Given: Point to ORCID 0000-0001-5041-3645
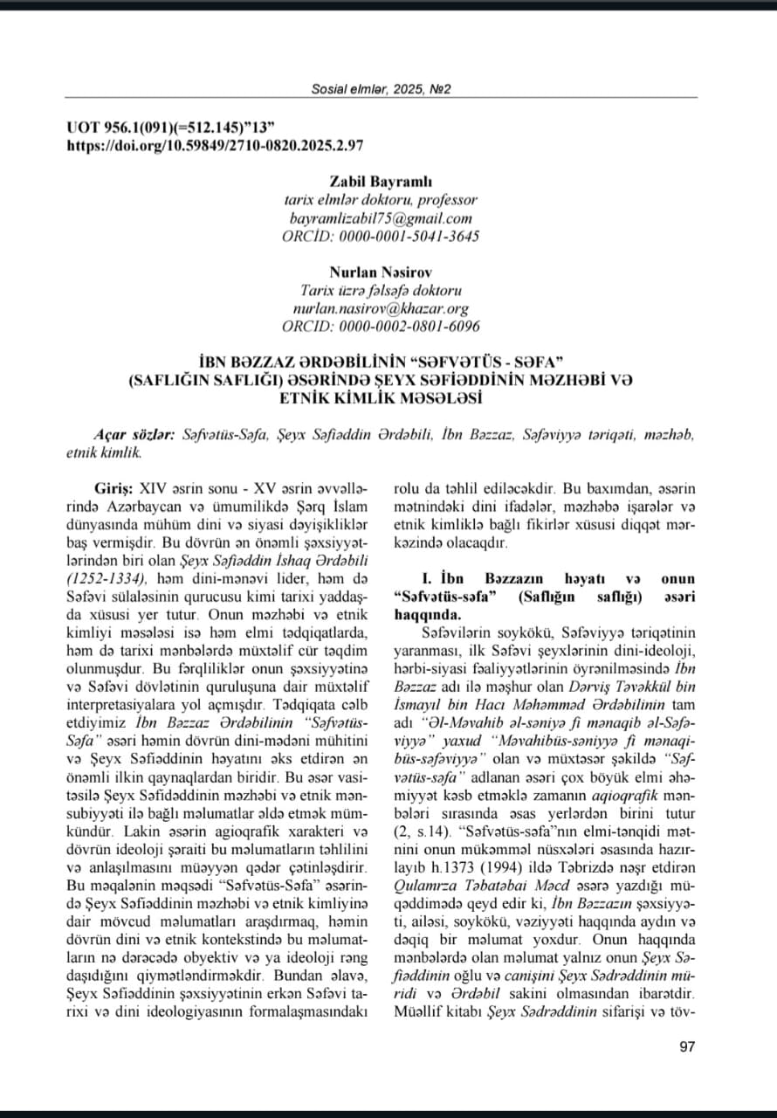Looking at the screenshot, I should pos(381,237).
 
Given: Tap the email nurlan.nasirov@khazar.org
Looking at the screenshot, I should pos(381,308).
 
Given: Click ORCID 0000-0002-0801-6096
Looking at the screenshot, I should pos(381,327).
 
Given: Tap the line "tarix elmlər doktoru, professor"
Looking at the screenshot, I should pos(381,200).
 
